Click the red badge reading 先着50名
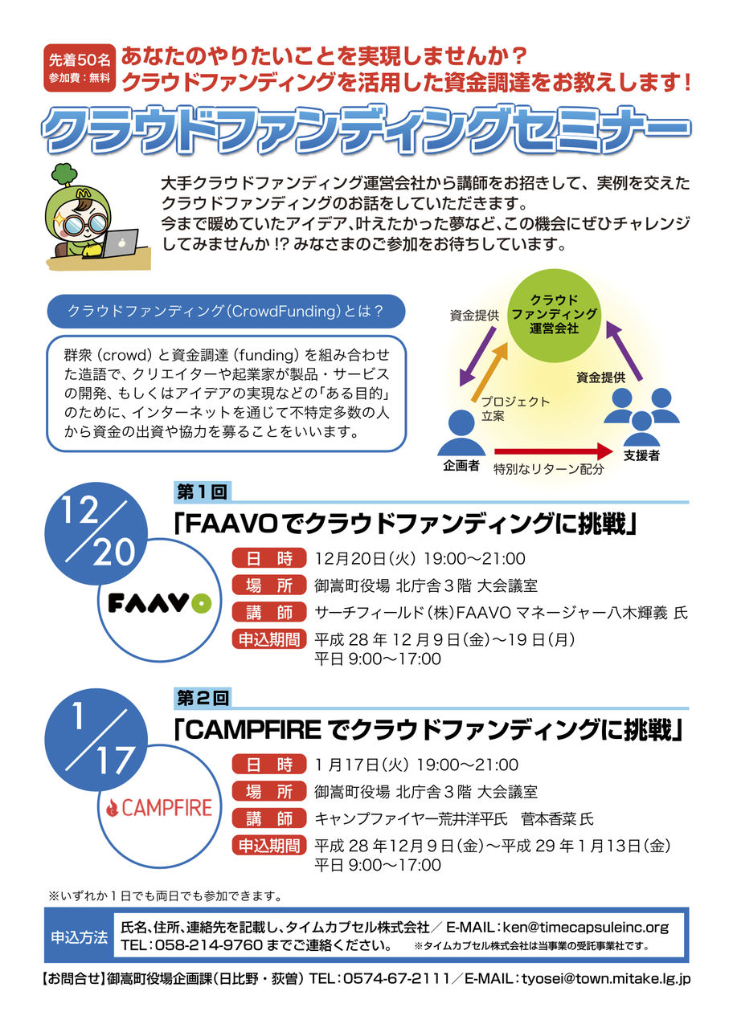pos(79,68)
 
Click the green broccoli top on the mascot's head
pos(63,175)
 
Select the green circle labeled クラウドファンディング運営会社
pos(555,315)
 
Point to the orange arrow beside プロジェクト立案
pos(489,372)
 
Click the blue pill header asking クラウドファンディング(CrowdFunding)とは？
pos(226,312)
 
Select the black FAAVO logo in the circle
pos(160,603)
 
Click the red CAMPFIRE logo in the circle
pos(159,808)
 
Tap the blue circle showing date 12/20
pos(96,534)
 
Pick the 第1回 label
pos(202,492)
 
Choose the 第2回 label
pos(202,698)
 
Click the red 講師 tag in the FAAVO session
pos(269,612)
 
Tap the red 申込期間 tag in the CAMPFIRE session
pos(269,846)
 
